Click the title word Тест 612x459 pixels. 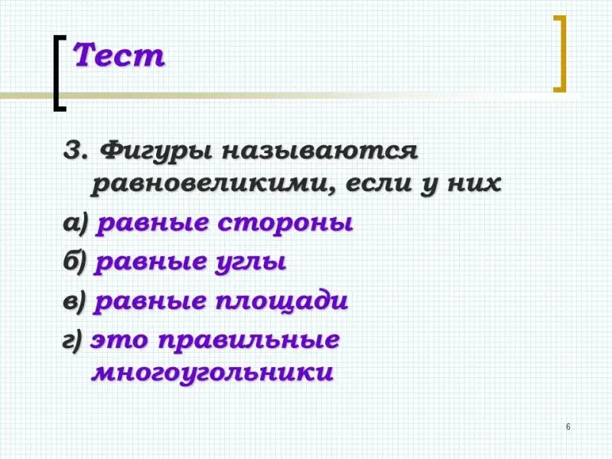point(119,55)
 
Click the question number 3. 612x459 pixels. point(73,149)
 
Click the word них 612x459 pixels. point(474,183)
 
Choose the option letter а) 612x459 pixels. point(76,224)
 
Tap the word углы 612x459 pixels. point(251,262)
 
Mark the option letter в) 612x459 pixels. point(74,301)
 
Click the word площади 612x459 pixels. point(282,302)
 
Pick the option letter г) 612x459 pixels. point(73,340)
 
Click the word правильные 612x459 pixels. point(249,341)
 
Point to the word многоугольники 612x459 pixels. point(213,373)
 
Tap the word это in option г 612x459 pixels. point(119,340)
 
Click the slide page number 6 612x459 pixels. point(568,427)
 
